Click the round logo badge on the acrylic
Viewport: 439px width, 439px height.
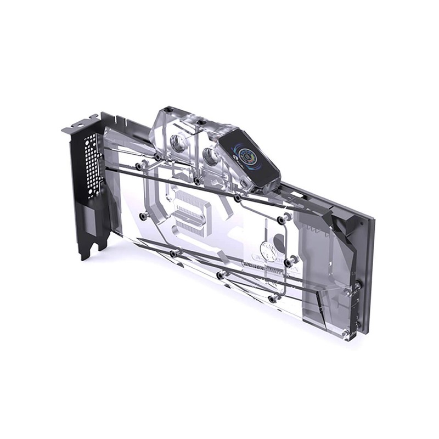(x=267, y=252)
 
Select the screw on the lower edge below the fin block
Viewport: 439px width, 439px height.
(x=174, y=252)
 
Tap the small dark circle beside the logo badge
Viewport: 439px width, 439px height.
(x=279, y=239)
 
